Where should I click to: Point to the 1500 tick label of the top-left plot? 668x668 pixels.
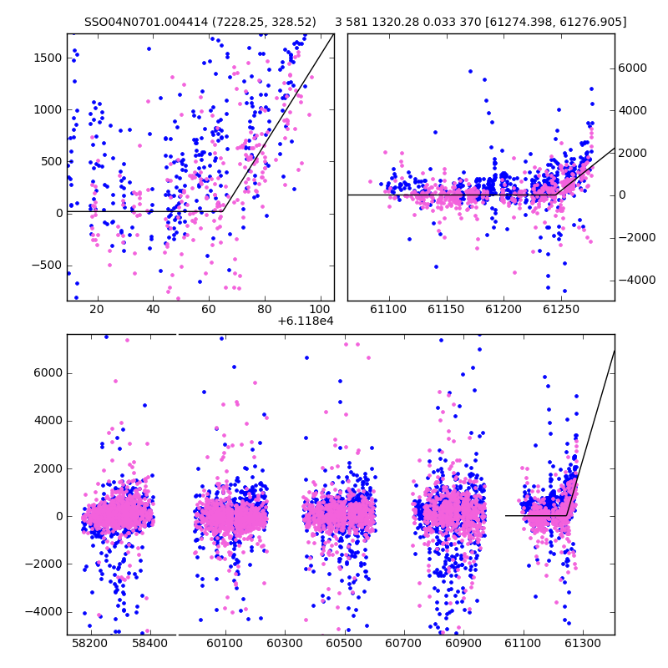coord(48,58)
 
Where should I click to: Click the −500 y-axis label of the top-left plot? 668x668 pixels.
coord(47,266)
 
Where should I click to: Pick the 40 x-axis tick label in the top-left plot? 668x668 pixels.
coord(153,309)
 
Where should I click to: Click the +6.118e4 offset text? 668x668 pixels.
coord(306,321)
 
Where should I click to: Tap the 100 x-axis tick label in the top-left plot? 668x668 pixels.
coord(320,309)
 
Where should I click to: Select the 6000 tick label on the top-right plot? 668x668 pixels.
coord(633,68)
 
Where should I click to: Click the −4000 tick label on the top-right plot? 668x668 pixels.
coord(637,281)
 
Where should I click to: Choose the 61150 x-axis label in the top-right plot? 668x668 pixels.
coord(446,309)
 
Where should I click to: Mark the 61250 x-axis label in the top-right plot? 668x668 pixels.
coord(561,309)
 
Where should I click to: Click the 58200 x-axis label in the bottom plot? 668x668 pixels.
coord(90,643)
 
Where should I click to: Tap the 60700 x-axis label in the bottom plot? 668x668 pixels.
coord(403,643)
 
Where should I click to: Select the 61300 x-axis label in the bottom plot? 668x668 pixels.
coord(582,643)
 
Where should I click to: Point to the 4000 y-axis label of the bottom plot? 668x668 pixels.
coord(48,421)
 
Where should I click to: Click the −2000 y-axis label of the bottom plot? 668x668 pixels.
coord(44,564)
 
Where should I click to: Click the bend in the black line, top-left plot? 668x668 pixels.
coord(223,211)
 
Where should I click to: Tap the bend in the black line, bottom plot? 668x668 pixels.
coord(567,515)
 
